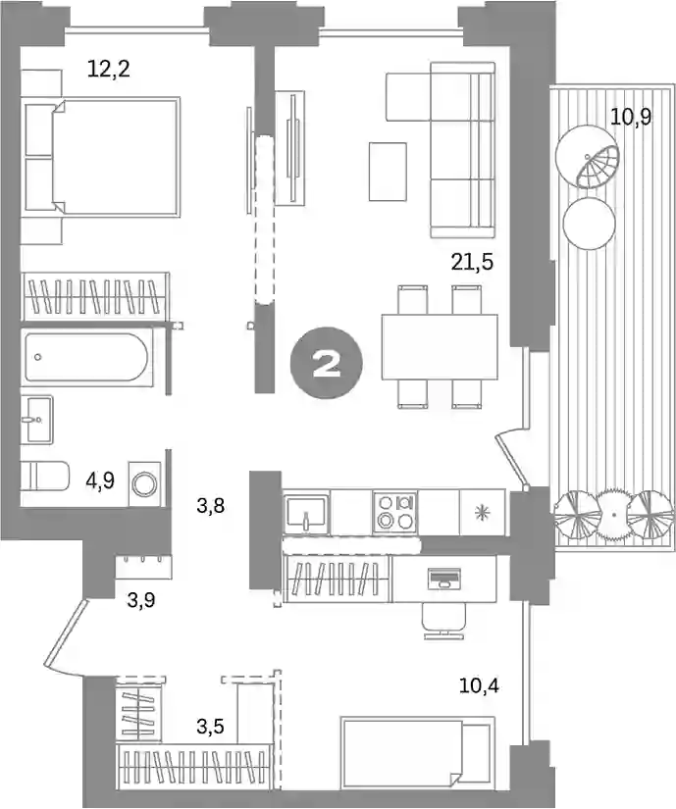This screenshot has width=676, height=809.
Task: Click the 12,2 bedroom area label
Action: point(108,68)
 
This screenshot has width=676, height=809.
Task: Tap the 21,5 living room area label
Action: point(472,262)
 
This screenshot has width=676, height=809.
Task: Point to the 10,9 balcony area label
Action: point(631,117)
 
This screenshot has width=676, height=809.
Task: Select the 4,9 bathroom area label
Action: point(100,480)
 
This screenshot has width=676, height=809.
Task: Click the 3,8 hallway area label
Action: point(211,506)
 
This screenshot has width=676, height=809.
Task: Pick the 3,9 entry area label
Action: point(141,600)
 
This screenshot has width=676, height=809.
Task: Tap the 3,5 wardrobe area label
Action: point(210,727)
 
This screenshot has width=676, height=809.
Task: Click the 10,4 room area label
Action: point(479,686)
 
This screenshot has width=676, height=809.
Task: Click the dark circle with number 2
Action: point(326,364)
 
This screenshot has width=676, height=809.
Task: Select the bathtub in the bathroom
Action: point(86,357)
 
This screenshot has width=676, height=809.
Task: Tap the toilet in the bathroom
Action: point(45,476)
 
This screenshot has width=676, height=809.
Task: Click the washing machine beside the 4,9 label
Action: point(144,484)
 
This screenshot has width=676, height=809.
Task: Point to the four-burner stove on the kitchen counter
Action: point(395,511)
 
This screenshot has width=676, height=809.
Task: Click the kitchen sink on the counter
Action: point(305,514)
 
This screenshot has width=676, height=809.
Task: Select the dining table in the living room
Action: point(440,347)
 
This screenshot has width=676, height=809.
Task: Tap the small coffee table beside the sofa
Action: point(388,172)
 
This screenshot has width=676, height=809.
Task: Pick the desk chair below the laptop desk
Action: point(443,621)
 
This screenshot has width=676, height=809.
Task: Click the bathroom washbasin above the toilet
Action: point(38,420)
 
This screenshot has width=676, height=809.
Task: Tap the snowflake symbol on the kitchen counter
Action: point(482,512)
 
